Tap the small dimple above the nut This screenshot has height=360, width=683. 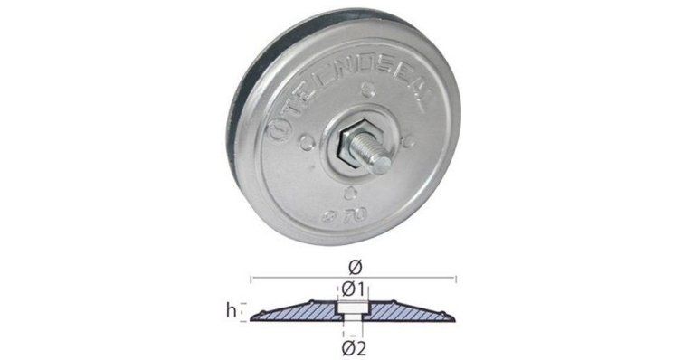pos(368,92)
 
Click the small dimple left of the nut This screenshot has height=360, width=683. pos(307,142)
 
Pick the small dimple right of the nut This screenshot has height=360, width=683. pos(410,140)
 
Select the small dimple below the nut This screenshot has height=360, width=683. pos(350,192)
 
